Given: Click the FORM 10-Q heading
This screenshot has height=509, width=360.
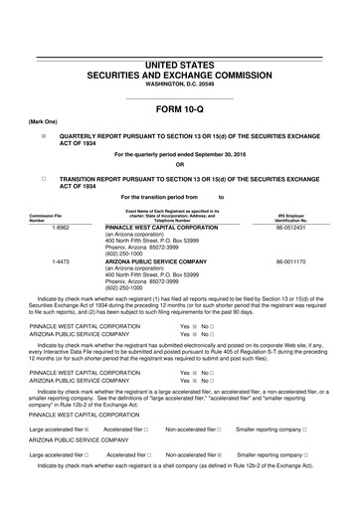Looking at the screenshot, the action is [179, 109].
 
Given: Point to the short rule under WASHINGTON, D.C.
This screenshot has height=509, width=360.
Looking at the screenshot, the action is [179, 97].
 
